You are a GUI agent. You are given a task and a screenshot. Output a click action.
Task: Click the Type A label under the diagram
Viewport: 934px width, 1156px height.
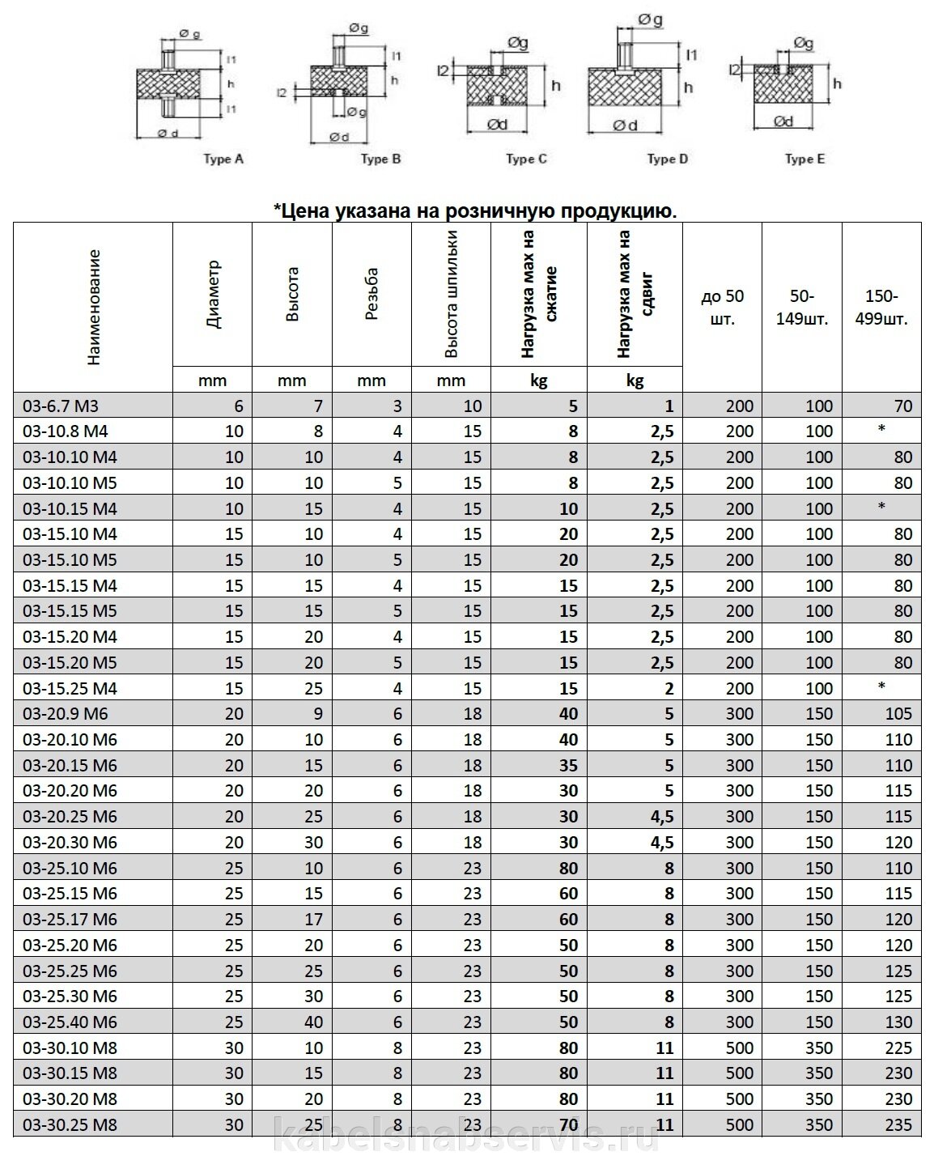coord(223,159)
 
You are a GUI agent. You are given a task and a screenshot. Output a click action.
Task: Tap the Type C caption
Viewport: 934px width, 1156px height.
coord(526,159)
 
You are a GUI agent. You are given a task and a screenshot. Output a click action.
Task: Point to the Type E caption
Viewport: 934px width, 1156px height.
coord(805,159)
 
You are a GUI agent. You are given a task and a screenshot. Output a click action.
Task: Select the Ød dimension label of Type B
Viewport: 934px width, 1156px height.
coord(339,137)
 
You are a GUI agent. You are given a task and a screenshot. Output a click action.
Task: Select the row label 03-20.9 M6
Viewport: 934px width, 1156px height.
coord(65,714)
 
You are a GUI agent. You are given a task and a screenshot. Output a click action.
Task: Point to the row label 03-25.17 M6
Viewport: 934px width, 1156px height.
coord(70,920)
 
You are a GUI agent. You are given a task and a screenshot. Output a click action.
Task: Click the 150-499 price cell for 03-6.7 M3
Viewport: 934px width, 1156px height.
coord(903,406)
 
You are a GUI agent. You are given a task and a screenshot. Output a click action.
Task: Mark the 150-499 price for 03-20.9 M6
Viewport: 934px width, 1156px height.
coord(898,714)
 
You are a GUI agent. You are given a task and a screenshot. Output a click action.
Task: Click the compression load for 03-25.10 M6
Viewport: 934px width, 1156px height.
coord(568,869)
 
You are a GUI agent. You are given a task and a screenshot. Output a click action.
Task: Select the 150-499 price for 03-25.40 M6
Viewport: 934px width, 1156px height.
coord(898,1022)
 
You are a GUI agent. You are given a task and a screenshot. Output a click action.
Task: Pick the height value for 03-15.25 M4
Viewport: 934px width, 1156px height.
coord(313,689)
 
